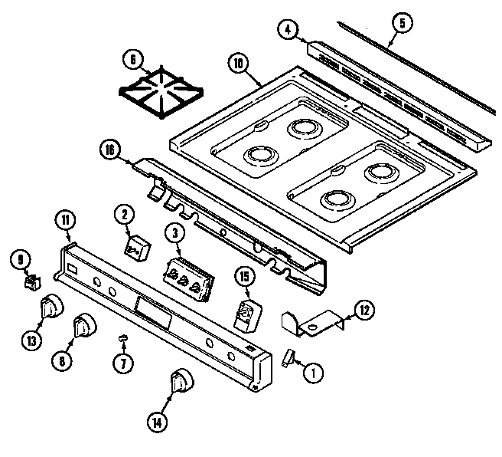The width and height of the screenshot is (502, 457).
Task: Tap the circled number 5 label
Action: point(399,22)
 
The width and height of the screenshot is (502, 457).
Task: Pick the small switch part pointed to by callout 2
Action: point(137,246)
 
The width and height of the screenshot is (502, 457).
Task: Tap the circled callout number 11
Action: point(67,222)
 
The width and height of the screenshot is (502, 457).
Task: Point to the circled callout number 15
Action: point(244,276)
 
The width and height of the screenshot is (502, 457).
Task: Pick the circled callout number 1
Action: point(312,373)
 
